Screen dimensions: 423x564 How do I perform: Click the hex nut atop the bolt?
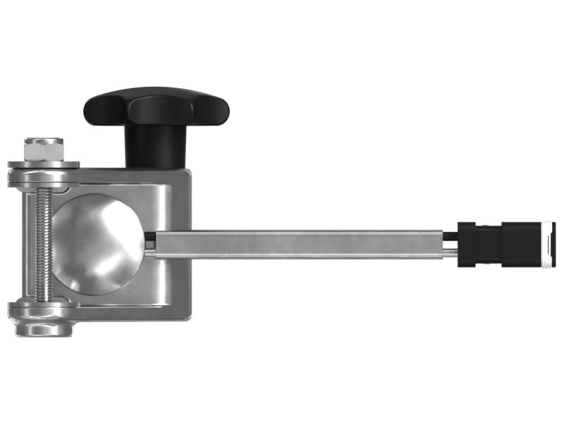(x=44, y=149)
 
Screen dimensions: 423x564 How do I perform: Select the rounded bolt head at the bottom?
(x=43, y=329)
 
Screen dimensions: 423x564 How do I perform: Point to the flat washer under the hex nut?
(x=44, y=165)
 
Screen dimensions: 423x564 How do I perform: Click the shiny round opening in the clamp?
(x=99, y=243)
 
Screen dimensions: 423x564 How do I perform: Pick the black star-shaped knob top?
(x=157, y=106)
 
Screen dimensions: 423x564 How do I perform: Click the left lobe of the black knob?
(x=103, y=109)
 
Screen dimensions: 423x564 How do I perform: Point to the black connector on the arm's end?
(x=505, y=244)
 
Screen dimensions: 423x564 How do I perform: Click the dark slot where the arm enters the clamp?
(x=150, y=243)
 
